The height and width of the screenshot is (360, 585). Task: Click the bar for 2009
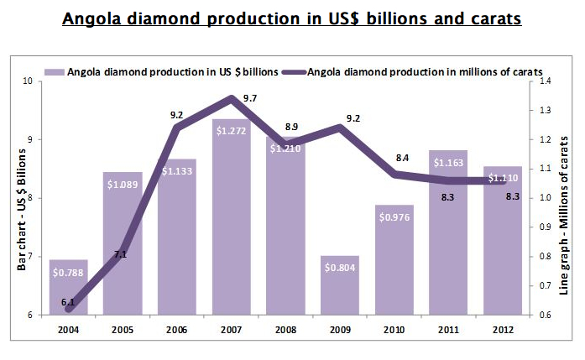339,286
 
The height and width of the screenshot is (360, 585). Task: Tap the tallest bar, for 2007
231,218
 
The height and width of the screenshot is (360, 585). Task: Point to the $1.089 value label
123,184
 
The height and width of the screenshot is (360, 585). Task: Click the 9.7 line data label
248,99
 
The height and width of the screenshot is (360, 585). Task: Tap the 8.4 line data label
402,157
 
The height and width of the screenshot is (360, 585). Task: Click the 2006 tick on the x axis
177,329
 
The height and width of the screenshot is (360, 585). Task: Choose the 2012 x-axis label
501,329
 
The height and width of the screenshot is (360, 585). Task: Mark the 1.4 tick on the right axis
546,81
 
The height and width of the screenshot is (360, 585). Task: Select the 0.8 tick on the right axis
546,257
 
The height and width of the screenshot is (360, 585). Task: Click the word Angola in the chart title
95,17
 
